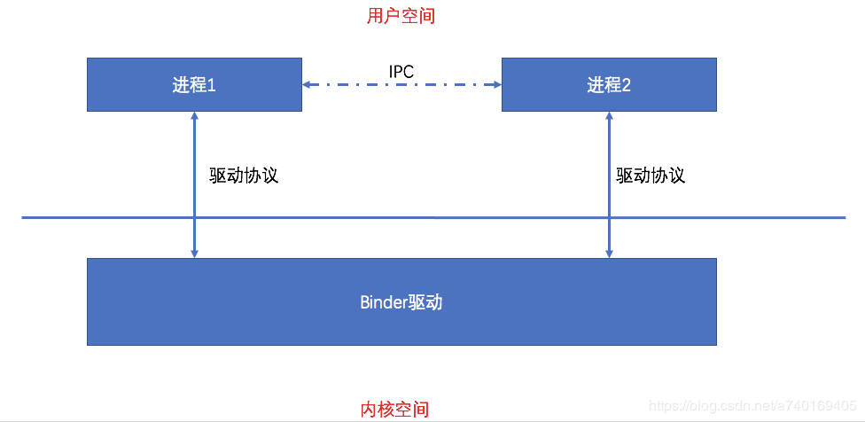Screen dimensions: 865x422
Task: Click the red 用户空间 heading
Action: pos(401,16)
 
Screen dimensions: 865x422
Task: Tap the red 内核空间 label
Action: pos(394,410)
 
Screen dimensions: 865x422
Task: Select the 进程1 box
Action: pos(194,84)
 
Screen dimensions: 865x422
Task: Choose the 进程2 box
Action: pos(609,84)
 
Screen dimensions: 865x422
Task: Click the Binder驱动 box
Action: pos(401,301)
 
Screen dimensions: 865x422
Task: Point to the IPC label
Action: pos(401,71)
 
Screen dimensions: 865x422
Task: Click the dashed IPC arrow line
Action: pos(401,84)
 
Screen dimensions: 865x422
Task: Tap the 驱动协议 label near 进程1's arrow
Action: pos(244,176)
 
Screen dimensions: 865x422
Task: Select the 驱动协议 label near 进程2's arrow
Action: pos(651,176)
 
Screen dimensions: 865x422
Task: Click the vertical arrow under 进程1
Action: pos(194,184)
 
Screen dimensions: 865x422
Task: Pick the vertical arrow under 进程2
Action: pos(609,184)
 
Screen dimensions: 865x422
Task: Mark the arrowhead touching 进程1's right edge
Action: pos(306,84)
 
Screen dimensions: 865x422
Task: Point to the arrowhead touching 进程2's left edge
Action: pos(497,84)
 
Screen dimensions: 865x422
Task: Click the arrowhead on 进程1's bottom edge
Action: pos(194,115)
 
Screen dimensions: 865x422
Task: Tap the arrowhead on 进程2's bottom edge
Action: pos(609,115)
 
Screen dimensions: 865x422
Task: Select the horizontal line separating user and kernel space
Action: pos(433,217)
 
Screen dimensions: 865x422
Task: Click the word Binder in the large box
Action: pos(384,303)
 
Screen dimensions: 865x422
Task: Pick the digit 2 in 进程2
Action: pos(626,85)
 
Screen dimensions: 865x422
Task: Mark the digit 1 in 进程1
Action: pos(211,85)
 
